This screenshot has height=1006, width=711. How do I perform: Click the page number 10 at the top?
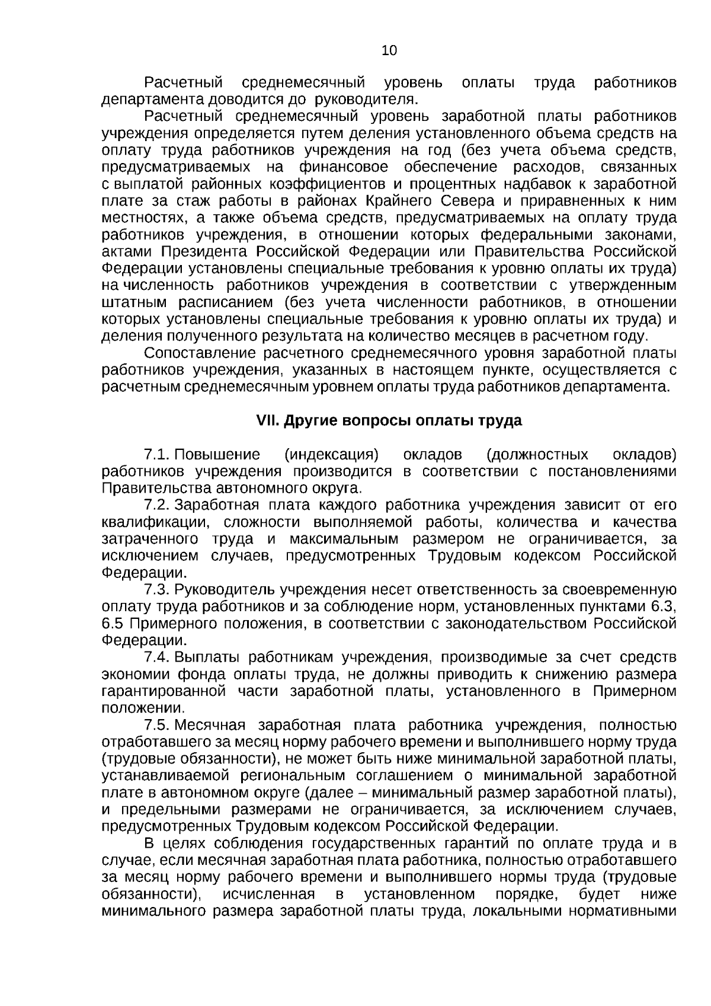click(389, 50)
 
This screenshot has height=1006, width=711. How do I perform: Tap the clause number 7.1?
click(157, 455)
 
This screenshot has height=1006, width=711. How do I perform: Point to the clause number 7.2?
click(157, 505)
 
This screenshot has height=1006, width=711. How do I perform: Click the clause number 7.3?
click(157, 590)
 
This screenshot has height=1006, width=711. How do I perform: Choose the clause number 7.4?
click(157, 657)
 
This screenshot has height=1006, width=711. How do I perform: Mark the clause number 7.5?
click(157, 725)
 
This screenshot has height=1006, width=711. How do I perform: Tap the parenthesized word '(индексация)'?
click(331, 455)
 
